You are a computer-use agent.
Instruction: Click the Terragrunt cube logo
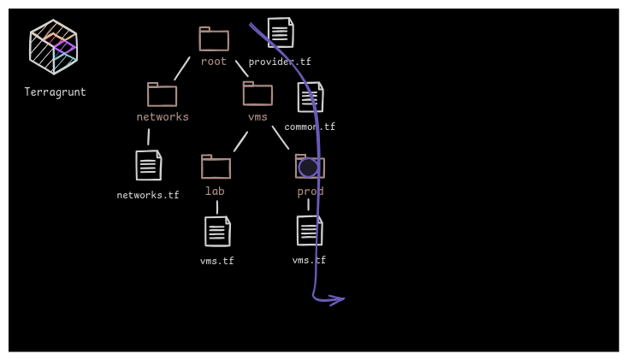[x=53, y=47]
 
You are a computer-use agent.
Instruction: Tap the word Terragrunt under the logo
[x=55, y=92]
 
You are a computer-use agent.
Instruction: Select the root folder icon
[x=214, y=39]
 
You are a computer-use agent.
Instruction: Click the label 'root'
[x=214, y=62]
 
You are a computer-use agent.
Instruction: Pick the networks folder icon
[x=162, y=95]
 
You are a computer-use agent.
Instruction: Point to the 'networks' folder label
[x=163, y=117]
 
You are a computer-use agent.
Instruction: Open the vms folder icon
[x=257, y=94]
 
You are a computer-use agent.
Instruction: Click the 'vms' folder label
[x=257, y=117]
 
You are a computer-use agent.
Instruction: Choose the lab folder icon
[x=216, y=167]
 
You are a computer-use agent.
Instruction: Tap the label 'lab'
[x=215, y=191]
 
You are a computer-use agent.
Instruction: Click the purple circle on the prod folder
[x=308, y=168]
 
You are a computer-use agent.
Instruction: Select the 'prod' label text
[x=311, y=192]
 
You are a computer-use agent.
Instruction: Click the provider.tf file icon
[x=281, y=32]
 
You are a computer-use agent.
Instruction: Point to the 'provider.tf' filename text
[x=280, y=62]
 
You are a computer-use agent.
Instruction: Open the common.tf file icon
[x=311, y=97]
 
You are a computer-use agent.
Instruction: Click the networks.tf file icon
[x=149, y=165]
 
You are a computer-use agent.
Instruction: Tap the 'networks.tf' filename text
[x=148, y=196]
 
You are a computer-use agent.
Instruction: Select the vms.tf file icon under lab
[x=217, y=232]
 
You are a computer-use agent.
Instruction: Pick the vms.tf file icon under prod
[x=310, y=231]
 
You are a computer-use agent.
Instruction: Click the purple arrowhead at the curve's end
[x=338, y=299]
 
